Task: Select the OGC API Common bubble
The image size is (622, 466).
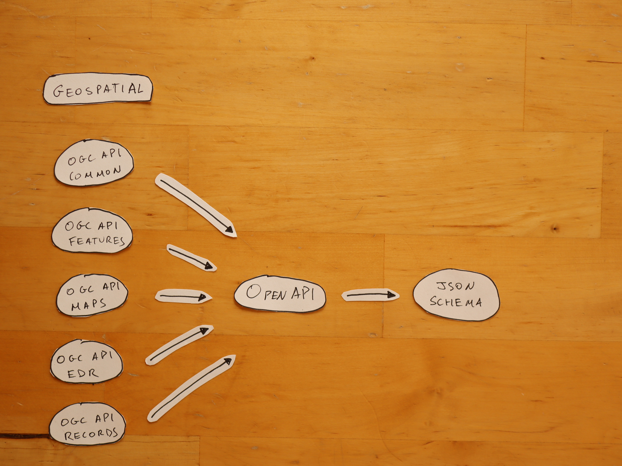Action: (94, 163)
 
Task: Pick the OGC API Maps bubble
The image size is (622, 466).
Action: (92, 295)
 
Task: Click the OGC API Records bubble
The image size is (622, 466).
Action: (87, 424)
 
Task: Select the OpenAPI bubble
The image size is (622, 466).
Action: (280, 294)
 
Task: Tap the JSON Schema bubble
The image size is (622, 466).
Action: (456, 295)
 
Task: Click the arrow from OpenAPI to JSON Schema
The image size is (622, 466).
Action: (370, 295)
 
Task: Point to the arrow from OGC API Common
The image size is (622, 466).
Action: (196, 205)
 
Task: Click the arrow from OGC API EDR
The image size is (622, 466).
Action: (179, 345)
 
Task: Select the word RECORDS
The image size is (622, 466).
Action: (91, 434)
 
